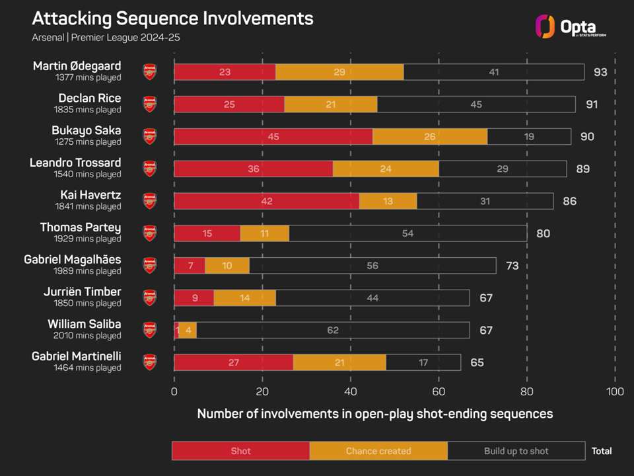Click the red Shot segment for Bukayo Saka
(x=273, y=136)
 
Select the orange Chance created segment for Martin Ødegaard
(x=339, y=71)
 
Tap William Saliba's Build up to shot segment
(x=332, y=330)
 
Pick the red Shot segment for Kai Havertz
(x=266, y=201)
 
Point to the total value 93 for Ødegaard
(x=600, y=71)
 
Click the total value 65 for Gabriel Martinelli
(x=477, y=362)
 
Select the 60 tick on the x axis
(x=439, y=391)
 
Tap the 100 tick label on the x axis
(x=615, y=391)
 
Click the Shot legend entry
(x=240, y=451)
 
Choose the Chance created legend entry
(x=378, y=451)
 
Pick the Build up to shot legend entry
(x=516, y=451)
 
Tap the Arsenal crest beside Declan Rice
(x=150, y=104)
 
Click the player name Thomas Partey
(x=81, y=227)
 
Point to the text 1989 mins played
(x=88, y=271)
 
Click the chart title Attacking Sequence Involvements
(x=173, y=18)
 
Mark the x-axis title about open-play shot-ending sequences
(x=374, y=414)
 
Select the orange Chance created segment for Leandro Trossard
(x=386, y=169)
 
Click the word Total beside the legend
(x=602, y=451)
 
